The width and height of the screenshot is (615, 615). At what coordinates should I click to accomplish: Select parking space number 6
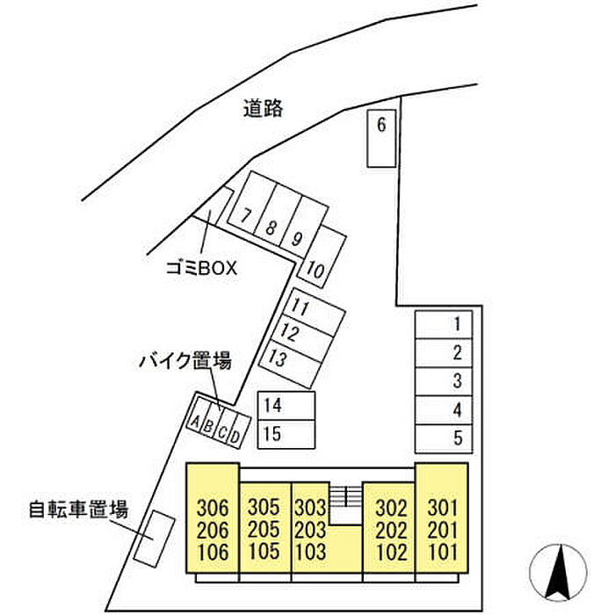click(x=381, y=138)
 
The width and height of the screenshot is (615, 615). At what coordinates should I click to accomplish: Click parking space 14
click(x=286, y=405)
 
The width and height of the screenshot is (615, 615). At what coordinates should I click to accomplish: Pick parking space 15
click(x=286, y=432)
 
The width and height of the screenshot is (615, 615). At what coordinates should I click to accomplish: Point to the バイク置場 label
click(x=184, y=360)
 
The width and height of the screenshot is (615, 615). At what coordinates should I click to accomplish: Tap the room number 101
click(x=444, y=553)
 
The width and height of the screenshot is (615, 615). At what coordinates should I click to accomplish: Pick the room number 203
click(x=310, y=530)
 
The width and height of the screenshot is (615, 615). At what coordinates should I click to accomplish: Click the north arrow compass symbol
click(x=560, y=573)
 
